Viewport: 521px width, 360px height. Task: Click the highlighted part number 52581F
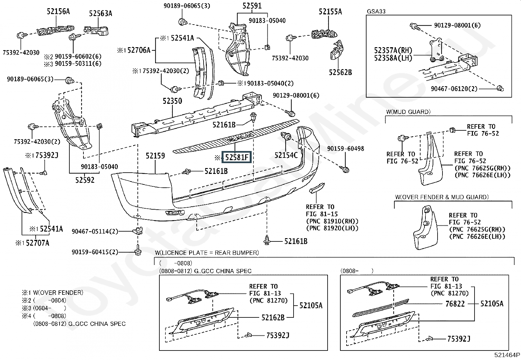236,157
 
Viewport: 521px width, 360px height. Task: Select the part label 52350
172,101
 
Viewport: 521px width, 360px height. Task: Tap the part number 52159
155,156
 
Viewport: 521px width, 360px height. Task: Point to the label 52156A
58,11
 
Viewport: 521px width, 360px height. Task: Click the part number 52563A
100,13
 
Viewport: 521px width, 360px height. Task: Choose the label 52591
252,6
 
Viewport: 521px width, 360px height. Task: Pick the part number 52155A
330,12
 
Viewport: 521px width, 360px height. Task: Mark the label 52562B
340,72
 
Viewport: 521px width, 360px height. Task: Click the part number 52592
85,180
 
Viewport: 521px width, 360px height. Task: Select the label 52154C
286,155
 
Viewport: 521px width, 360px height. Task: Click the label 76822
455,304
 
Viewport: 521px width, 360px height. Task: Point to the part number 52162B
273,317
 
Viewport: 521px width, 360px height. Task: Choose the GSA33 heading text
376,11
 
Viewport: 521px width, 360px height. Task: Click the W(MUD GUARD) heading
408,112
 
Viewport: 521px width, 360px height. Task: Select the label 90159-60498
346,149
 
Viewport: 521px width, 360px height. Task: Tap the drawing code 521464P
507,355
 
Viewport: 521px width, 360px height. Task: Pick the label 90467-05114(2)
95,232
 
